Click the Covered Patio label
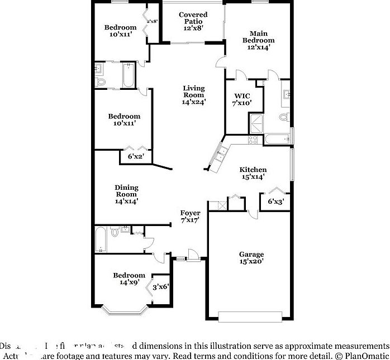point(193,21)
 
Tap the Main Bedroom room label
point(258,40)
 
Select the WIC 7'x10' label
point(242,98)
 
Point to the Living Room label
point(194,95)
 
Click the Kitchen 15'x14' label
point(253,173)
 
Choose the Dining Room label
point(126,194)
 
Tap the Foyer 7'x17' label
point(190,217)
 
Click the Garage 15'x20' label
point(251,258)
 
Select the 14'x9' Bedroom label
point(129,279)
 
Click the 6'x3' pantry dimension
point(275,201)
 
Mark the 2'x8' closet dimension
point(152,21)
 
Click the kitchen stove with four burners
point(253,139)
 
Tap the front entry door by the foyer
point(193,256)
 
